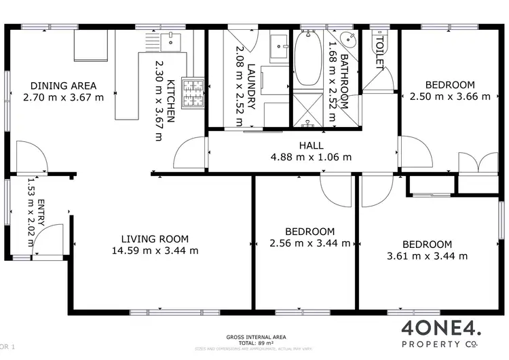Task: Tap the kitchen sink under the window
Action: [171, 42]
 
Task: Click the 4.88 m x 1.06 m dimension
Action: [311, 157]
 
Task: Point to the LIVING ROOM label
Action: [155, 239]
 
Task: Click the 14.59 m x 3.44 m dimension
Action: [155, 250]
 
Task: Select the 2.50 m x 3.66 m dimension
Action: [450, 96]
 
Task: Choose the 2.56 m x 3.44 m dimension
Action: [310, 242]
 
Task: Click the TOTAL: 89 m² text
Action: [255, 342]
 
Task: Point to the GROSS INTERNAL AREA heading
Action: [255, 336]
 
